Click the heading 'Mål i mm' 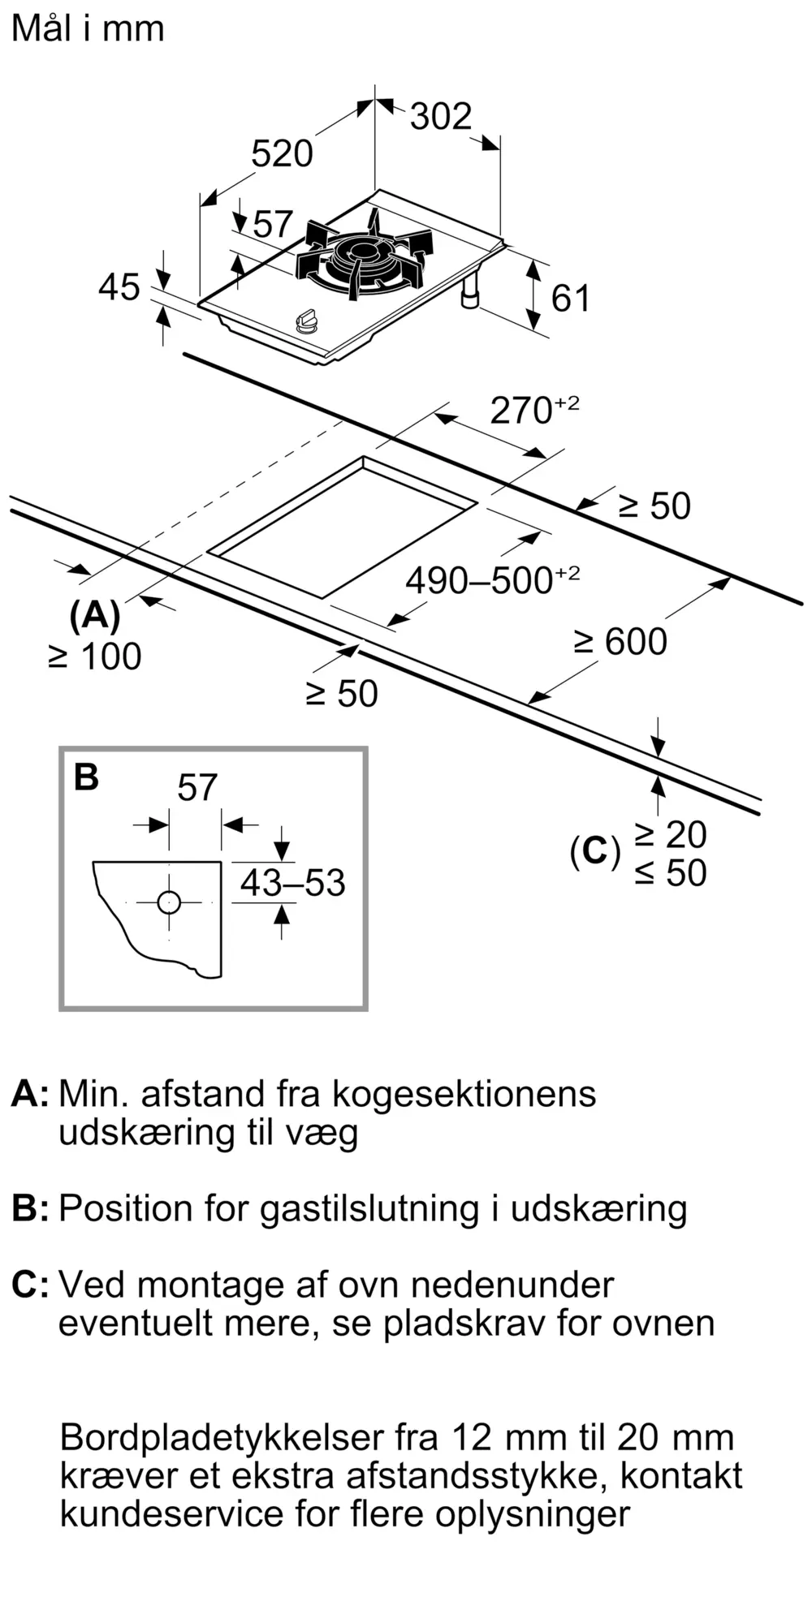pyautogui.click(x=88, y=28)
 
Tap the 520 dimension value pyautogui.click(x=282, y=153)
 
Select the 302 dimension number pyautogui.click(x=440, y=116)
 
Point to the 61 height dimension pyautogui.click(x=571, y=299)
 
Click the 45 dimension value pyautogui.click(x=119, y=287)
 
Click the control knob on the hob pyautogui.click(x=307, y=321)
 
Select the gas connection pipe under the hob pyautogui.click(x=470, y=291)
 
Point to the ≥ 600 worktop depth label pyautogui.click(x=620, y=642)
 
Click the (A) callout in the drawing pyautogui.click(x=94, y=617)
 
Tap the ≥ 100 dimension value pyautogui.click(x=95, y=657)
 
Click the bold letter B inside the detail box pyautogui.click(x=86, y=777)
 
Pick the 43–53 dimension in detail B pyautogui.click(x=292, y=883)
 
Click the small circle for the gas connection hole pyautogui.click(x=169, y=902)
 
